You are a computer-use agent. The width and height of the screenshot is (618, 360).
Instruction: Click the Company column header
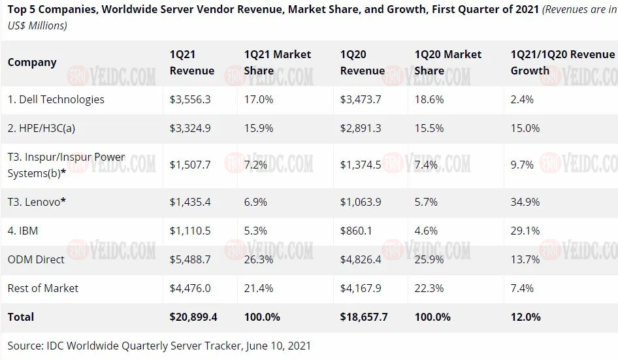click(32, 63)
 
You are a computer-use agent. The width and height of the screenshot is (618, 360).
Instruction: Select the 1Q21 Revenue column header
click(191, 63)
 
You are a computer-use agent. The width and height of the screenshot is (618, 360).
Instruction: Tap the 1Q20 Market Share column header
click(447, 63)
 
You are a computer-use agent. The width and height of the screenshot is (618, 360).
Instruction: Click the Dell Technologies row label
click(56, 99)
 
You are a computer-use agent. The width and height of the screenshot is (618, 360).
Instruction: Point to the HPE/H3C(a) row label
click(41, 128)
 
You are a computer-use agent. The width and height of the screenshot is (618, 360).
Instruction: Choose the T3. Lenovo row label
click(37, 202)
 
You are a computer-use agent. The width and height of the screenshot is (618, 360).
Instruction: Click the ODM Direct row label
click(36, 259)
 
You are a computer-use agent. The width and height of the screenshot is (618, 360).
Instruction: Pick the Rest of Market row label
click(43, 288)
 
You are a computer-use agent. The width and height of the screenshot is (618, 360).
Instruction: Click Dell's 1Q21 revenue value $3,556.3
click(190, 99)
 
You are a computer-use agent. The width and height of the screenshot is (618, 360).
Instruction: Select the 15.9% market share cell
click(259, 128)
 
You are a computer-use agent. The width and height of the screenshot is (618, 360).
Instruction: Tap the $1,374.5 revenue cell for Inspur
click(361, 165)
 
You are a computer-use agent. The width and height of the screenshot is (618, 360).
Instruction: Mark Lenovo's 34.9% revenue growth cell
click(525, 202)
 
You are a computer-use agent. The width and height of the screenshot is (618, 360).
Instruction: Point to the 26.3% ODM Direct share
click(259, 259)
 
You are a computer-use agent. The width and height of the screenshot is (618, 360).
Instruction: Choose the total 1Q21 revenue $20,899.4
click(193, 317)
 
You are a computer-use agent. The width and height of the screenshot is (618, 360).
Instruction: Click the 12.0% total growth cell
click(525, 317)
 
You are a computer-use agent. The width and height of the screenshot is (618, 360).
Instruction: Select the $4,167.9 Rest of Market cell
click(361, 288)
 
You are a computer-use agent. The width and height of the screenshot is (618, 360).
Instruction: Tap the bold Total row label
click(21, 317)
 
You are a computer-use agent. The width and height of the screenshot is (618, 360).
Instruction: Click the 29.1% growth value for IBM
click(525, 231)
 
